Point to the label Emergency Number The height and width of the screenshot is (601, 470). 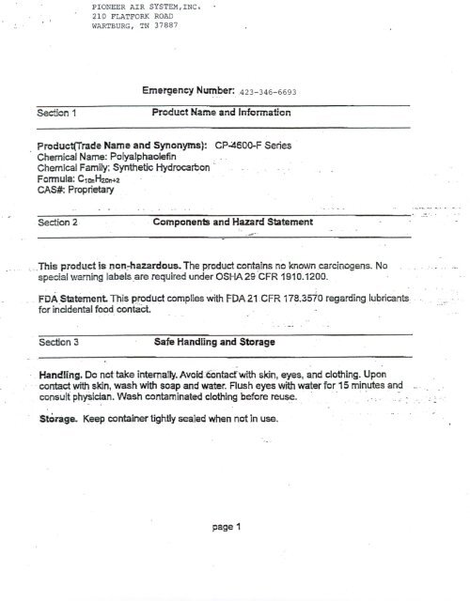click(194, 93)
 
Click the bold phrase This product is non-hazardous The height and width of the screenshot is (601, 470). click(107, 267)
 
